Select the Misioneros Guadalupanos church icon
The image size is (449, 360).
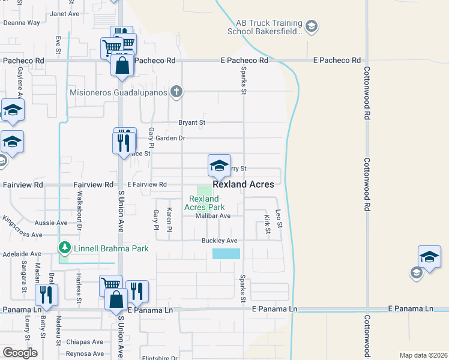[176, 92]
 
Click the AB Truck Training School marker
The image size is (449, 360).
[311, 26]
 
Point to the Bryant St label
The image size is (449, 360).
[192, 122]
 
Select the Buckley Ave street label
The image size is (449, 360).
[220, 241]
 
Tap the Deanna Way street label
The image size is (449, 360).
[22, 23]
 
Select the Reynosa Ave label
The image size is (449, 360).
[85, 354]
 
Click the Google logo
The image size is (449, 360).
[20, 353]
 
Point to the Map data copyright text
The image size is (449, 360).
[423, 355]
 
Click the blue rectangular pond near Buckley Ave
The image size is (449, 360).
[226, 254]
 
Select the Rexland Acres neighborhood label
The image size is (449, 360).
[244, 185]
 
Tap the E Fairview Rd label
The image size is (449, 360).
[146, 185]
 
